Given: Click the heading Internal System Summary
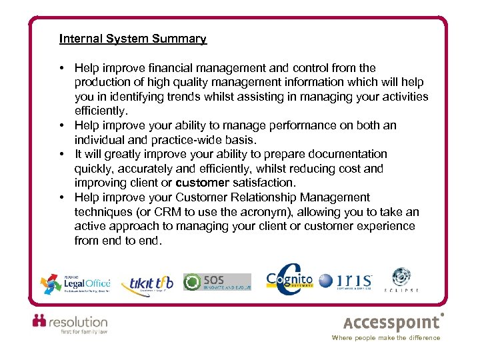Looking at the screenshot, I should (133, 39).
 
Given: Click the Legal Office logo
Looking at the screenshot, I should (75, 283).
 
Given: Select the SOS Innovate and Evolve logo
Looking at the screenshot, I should (217, 281).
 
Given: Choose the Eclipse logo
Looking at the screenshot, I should (401, 281).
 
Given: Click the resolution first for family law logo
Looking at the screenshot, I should (70, 324).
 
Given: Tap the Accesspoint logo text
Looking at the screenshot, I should (392, 323).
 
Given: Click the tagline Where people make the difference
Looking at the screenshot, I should (386, 338).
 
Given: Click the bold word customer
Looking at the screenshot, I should (202, 183).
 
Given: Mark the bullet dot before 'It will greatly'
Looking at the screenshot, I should (61, 154).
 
